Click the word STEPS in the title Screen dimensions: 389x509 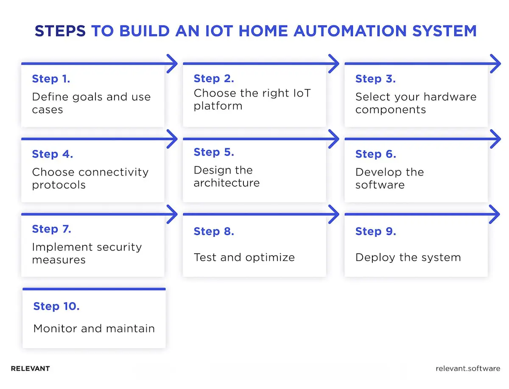pos(60,31)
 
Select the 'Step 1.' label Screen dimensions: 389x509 pos(51,79)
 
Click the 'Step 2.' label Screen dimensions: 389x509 pos(214,78)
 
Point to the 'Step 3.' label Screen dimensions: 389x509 pos(375,79)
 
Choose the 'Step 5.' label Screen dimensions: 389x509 pos(214,152)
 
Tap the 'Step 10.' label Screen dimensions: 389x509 pos(56,306)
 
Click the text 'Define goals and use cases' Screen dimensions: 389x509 pos(91,103)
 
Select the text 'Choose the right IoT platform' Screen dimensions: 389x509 pos(252,99)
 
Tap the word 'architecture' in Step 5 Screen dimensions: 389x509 pos(227,183)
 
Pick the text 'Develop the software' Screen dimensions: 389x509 pos(389,178)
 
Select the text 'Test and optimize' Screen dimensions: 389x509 pos(244,257)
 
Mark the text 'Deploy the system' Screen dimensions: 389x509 pos(408,257)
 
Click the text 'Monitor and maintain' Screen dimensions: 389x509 pos(94,328)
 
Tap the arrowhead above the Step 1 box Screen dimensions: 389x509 pos(172,64)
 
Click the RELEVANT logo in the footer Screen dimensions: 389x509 pos(30,369)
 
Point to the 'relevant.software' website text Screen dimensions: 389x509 pos(468,369)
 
